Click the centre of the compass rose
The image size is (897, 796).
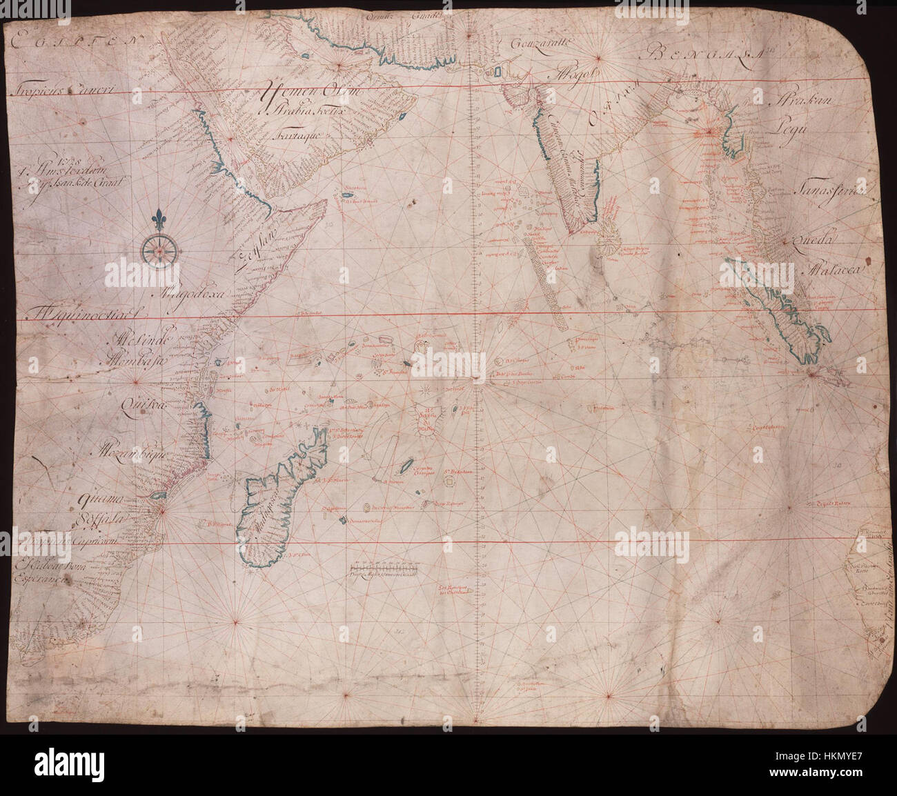pos(159,250)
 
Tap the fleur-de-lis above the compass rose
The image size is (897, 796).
pos(159,218)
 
